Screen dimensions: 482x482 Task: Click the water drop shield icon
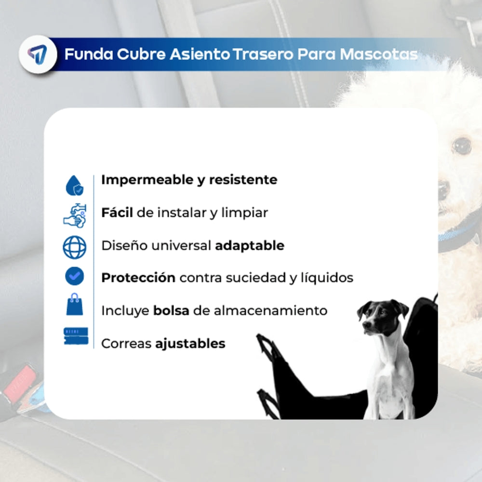[x=75, y=185]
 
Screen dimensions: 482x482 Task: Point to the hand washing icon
[x=75, y=215]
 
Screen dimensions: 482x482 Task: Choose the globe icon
[x=75, y=247]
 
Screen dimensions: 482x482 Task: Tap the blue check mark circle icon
[x=75, y=276]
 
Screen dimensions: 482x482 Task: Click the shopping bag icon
[x=75, y=306]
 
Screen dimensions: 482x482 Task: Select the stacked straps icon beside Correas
[x=76, y=336]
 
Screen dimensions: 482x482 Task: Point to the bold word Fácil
[x=117, y=213]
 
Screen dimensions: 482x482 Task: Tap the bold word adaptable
[x=250, y=245]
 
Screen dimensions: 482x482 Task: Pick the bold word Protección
[x=138, y=278]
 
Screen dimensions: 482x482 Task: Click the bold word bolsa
[x=171, y=311]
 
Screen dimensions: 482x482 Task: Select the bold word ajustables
[x=190, y=344]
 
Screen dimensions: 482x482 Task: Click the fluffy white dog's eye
[x=462, y=145]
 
